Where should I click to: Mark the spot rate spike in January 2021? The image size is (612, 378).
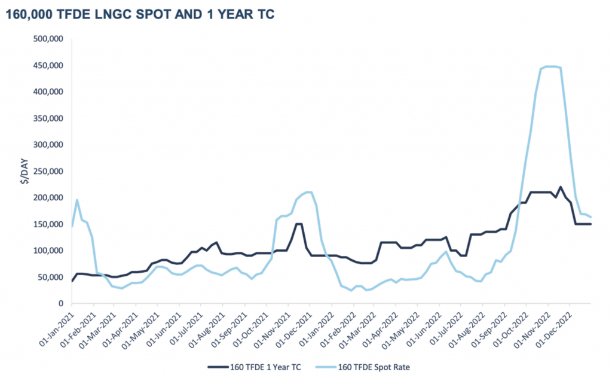click(x=77, y=200)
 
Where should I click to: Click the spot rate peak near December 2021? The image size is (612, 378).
click(x=308, y=192)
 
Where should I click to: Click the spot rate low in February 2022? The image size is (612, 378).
click(x=351, y=290)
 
